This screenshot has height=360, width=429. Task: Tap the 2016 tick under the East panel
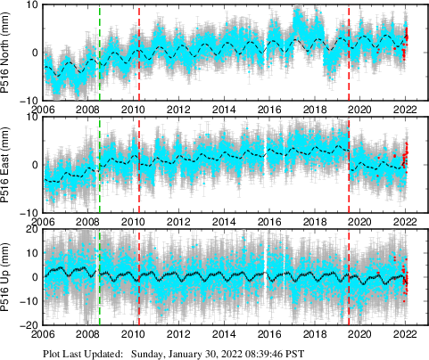[268, 222]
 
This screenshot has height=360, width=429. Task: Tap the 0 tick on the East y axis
[32, 165]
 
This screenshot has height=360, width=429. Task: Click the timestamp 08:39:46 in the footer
[276, 353]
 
